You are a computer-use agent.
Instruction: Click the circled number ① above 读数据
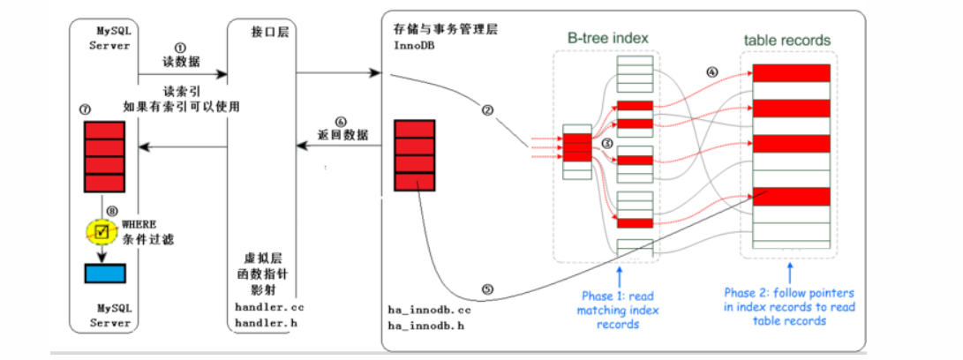point(180,48)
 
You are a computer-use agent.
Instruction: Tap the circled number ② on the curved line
point(487,109)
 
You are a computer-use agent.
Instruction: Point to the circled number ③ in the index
point(606,143)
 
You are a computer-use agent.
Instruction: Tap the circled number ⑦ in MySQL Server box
point(86,109)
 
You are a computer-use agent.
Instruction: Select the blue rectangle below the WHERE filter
point(104,273)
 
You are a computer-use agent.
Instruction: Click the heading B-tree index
point(608,38)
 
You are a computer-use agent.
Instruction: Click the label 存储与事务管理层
point(445,29)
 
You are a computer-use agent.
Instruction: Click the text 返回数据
point(342,136)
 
